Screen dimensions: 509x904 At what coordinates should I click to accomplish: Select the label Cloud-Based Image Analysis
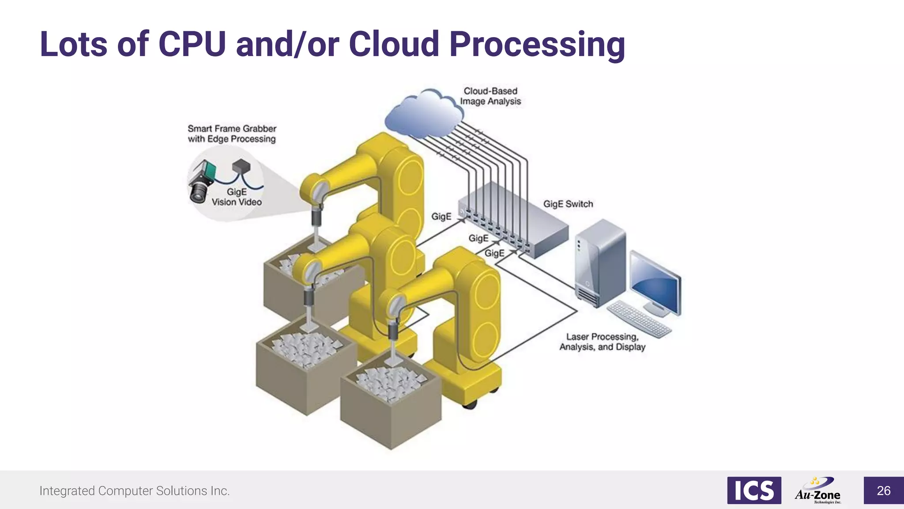490,96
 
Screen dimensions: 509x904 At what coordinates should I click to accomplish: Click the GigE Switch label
568,204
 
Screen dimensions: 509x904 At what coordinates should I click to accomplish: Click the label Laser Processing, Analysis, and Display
602,342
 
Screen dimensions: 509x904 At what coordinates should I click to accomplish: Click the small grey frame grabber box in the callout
241,167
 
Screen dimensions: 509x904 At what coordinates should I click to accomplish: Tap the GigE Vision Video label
237,197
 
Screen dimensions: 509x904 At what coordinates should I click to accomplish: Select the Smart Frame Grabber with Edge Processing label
232,134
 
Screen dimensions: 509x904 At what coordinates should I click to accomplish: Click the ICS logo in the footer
754,490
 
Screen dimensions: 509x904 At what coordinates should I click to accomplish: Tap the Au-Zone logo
818,490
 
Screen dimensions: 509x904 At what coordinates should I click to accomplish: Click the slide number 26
883,490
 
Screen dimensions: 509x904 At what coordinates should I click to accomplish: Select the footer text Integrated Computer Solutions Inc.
135,491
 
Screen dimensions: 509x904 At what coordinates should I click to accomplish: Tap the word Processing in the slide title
537,45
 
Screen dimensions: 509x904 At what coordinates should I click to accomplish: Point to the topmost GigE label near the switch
441,217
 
